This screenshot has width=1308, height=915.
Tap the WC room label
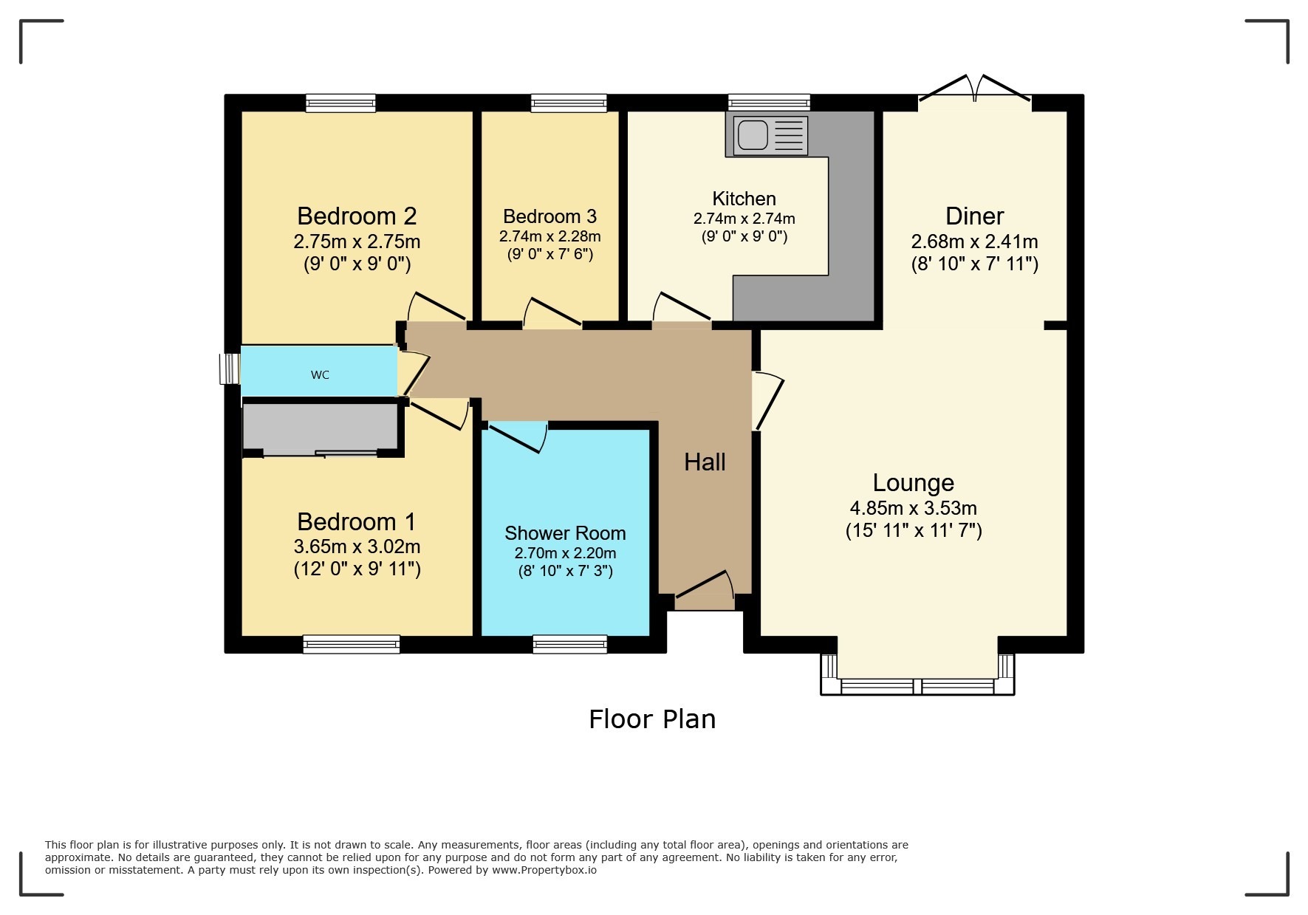tap(320, 375)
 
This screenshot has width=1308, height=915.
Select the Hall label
tap(705, 462)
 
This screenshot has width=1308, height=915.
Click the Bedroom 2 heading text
tap(357, 216)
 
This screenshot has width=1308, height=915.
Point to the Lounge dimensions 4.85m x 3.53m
tap(913, 508)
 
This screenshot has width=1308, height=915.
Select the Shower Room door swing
tap(518, 436)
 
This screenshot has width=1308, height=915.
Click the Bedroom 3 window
tap(569, 103)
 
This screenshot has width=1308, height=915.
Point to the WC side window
tap(230, 368)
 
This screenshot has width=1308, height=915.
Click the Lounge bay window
tap(917, 685)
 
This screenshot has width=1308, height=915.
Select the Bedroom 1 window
tap(352, 645)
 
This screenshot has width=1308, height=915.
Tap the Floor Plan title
tap(652, 719)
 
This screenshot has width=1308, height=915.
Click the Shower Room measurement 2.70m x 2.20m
tap(565, 553)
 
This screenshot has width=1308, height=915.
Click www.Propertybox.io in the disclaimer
tap(544, 870)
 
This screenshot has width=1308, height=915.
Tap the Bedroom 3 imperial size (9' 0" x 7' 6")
tap(549, 255)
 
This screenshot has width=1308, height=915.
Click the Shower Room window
tap(570, 645)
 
